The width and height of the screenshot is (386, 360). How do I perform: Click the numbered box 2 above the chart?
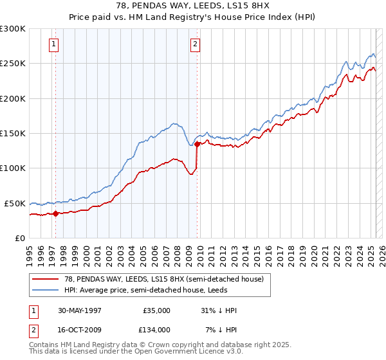point(194,44)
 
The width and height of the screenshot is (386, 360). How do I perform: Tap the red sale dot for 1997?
point(56,214)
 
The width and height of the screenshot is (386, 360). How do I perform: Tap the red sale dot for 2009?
point(197,145)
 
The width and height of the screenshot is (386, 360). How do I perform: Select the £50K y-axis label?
point(15,203)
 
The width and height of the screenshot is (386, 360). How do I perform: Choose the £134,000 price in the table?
point(156,329)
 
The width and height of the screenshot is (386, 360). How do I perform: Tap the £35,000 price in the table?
point(156,310)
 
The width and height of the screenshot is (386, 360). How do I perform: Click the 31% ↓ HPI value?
point(218,310)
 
